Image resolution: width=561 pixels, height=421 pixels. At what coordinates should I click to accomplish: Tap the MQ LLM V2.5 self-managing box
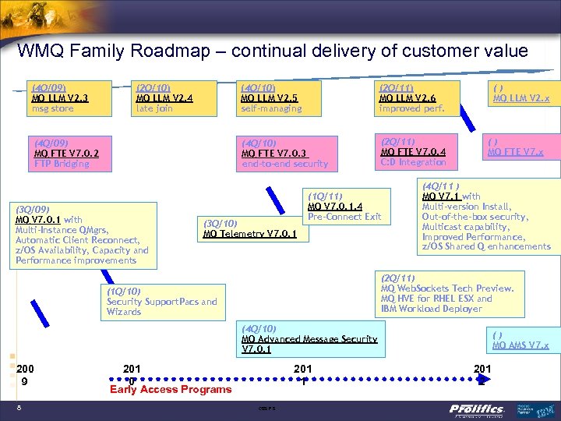point(278,98)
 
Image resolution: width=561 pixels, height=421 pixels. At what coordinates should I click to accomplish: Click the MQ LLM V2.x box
point(521,94)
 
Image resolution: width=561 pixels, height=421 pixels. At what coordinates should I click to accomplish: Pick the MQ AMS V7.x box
point(520,340)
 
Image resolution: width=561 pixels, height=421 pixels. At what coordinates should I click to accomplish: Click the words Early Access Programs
point(171,390)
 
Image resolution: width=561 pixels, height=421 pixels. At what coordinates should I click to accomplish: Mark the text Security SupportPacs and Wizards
point(162,306)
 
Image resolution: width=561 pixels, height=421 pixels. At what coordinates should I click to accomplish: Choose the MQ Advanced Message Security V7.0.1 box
point(309,339)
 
